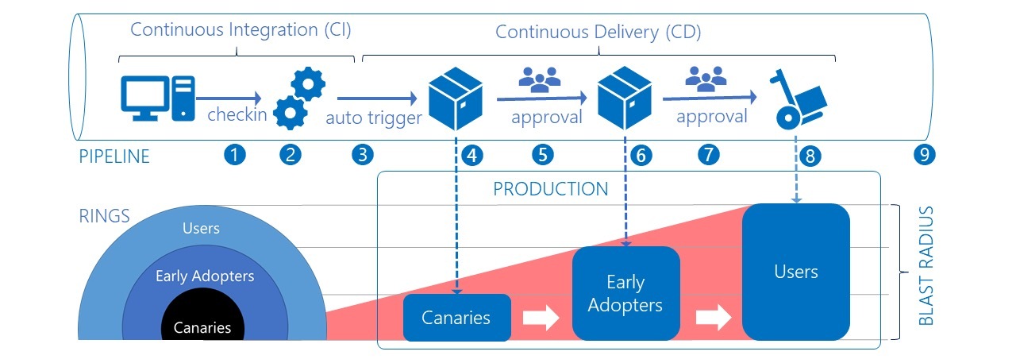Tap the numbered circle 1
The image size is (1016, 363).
pyautogui.click(x=234, y=156)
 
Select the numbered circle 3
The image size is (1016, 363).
pyautogui.click(x=362, y=156)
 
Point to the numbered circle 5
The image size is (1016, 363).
pyautogui.click(x=542, y=156)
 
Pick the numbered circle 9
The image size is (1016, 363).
pyautogui.click(x=922, y=156)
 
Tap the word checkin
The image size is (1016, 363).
pyautogui.click(x=237, y=115)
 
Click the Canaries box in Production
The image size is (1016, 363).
pyautogui.click(x=456, y=318)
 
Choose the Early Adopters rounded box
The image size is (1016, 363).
pyautogui.click(x=625, y=293)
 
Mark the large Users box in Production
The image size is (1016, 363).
pyautogui.click(x=795, y=272)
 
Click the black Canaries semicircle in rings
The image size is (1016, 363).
pyautogui.click(x=202, y=322)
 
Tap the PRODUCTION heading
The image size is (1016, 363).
pyautogui.click(x=550, y=189)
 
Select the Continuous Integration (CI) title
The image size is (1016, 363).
pyautogui.click(x=241, y=30)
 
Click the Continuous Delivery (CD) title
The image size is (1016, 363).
pyautogui.click(x=598, y=33)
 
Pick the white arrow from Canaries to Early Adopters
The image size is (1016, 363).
pyautogui.click(x=541, y=318)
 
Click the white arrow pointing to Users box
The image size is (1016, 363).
pyautogui.click(x=713, y=318)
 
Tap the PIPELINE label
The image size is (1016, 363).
pyautogui.click(x=114, y=156)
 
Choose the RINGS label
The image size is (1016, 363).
pyautogui.click(x=104, y=216)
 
